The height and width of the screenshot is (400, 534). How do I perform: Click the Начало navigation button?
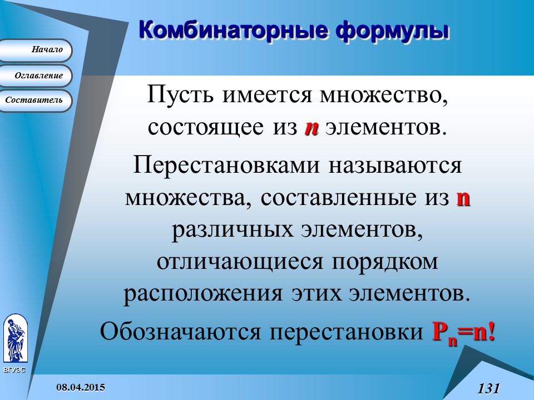(x=36, y=50)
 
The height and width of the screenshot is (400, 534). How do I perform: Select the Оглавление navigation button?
(x=36, y=76)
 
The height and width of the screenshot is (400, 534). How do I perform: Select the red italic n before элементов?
(x=311, y=128)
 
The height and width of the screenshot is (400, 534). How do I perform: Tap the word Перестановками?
(x=222, y=165)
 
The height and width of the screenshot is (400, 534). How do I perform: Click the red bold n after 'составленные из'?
(x=463, y=198)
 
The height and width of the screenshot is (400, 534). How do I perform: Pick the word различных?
(x=230, y=230)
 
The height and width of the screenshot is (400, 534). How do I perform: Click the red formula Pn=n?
(x=463, y=333)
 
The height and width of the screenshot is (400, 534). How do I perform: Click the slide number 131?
(x=489, y=388)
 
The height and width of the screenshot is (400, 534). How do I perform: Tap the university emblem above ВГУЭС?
(x=15, y=338)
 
